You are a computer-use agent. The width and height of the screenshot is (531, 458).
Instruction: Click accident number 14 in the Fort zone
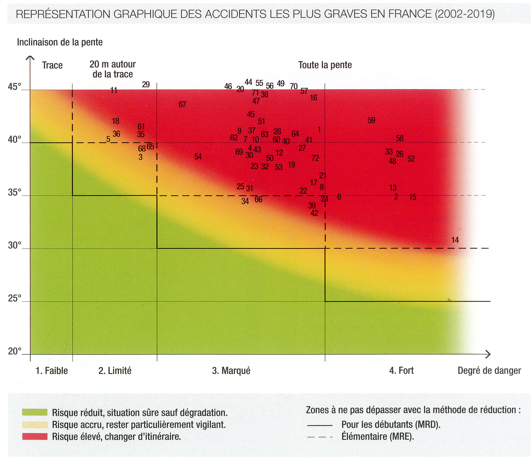(455, 240)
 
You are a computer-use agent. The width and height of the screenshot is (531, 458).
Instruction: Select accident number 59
(371, 120)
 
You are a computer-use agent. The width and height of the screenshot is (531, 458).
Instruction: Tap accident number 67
(182, 104)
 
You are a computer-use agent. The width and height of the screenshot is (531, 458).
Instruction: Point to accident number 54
(198, 156)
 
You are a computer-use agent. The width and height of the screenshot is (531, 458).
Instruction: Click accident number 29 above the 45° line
(146, 84)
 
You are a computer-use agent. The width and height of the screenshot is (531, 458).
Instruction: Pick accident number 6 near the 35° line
(339, 197)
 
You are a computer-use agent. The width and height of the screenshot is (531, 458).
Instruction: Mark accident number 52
(411, 159)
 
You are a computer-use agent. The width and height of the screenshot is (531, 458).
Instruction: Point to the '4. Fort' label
(401, 371)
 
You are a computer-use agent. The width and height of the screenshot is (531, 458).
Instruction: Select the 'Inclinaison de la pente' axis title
(60, 42)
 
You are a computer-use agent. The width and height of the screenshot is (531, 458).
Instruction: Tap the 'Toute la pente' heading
(325, 65)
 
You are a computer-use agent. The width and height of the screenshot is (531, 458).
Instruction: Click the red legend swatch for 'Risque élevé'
(35, 436)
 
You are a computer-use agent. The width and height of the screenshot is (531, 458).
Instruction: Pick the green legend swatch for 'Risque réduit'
(35, 412)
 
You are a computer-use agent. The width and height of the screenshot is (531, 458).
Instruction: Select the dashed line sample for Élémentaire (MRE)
(320, 437)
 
